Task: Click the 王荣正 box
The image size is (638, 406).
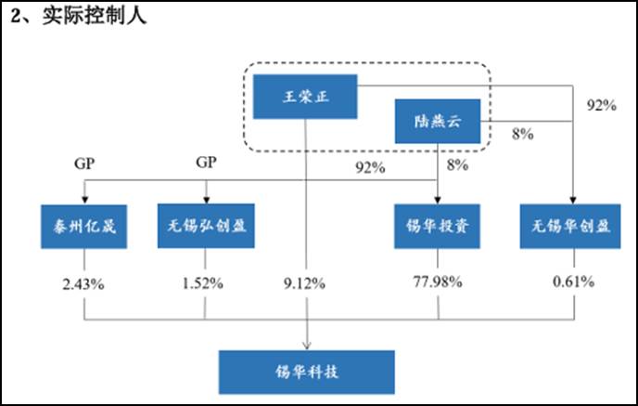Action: [x=305, y=97]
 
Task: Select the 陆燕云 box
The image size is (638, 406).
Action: [x=438, y=121]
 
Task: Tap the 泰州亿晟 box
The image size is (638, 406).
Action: [x=83, y=227]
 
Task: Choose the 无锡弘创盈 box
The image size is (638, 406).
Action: [x=206, y=226]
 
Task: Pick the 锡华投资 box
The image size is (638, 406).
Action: [x=437, y=227]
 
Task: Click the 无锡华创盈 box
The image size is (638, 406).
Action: [x=570, y=227]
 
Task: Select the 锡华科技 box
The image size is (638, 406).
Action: [x=306, y=372]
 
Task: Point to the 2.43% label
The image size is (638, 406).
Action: [x=83, y=283]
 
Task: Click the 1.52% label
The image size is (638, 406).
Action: [x=203, y=282]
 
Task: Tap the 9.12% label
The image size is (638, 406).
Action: [x=304, y=283]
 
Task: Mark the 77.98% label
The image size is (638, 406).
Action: [x=438, y=282]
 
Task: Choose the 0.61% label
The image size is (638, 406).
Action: [x=573, y=282]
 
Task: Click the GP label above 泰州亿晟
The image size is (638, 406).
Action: [x=84, y=164]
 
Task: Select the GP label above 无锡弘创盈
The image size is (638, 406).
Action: [x=206, y=163]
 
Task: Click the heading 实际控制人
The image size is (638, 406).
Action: [x=94, y=16]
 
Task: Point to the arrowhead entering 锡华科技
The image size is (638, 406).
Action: [x=307, y=346]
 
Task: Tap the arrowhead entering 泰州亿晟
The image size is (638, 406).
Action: [x=84, y=200]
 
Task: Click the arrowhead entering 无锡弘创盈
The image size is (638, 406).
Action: [x=206, y=200]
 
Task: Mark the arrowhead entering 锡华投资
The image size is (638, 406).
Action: [x=438, y=200]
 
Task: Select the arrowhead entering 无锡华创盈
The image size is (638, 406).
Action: [x=573, y=200]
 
